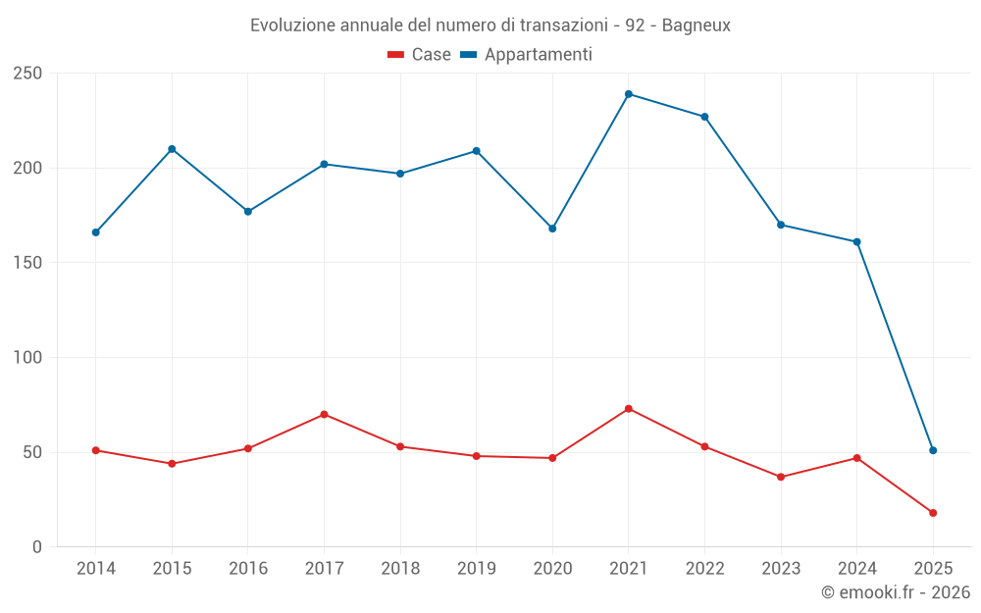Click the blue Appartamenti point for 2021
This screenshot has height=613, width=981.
[629, 94]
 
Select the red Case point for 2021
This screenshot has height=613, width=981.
[629, 409]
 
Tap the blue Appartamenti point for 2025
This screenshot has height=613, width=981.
[933, 450]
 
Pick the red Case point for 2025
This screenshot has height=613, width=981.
[933, 513]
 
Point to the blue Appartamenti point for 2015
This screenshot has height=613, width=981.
[172, 149]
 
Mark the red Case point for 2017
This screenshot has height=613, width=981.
[324, 414]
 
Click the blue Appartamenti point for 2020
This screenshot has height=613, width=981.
[552, 229]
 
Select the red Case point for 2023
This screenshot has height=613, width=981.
[781, 477]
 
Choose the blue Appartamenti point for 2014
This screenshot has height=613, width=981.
[95, 232]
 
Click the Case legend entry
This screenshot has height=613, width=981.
[420, 55]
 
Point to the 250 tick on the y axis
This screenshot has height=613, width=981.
[27, 74]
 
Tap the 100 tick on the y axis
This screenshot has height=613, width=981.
[27, 358]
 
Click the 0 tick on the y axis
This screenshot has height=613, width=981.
[37, 547]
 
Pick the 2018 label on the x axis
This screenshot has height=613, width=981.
[400, 569]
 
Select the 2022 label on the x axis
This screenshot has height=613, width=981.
[704, 569]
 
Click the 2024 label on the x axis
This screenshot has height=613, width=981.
[856, 569]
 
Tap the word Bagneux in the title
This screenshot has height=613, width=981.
[697, 26]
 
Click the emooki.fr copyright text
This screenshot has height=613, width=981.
[896, 592]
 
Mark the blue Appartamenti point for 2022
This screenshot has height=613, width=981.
[704, 117]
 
